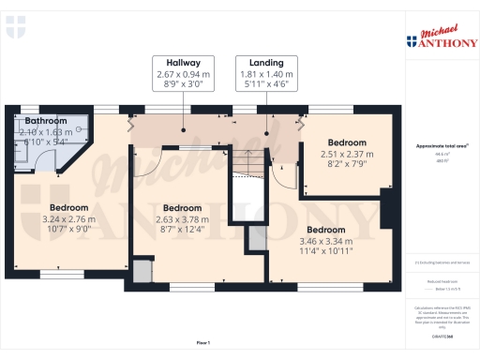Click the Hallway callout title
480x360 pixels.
pyautogui.click(x=183, y=63)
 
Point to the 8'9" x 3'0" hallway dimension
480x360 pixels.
pyautogui.click(x=183, y=83)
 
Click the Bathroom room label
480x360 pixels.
pyautogui.click(x=45, y=122)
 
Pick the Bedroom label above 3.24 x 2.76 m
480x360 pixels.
pyautogui.click(x=68, y=207)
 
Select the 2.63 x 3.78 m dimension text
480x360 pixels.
pyautogui.click(x=182, y=218)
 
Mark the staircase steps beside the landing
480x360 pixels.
pyautogui.click(x=247, y=165)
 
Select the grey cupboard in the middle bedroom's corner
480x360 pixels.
pyautogui.click(x=142, y=271)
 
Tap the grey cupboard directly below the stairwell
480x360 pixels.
pyautogui.click(x=255, y=240)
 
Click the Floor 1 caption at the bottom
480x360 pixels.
pyautogui.click(x=202, y=343)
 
